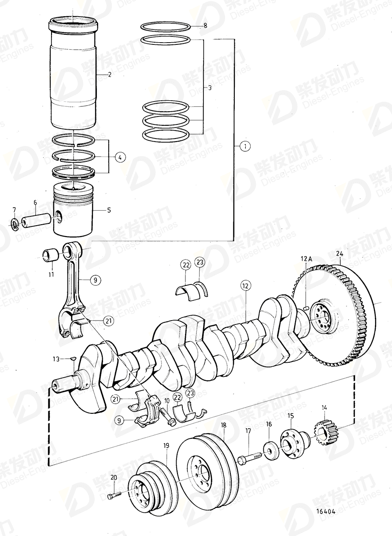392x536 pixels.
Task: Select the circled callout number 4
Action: (119, 156)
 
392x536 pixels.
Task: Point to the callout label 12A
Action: (306, 259)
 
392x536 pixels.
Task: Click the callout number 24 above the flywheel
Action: (339, 253)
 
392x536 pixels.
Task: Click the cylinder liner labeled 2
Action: (73, 75)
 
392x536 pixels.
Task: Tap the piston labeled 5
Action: (74, 211)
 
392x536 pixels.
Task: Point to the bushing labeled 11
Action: (50, 255)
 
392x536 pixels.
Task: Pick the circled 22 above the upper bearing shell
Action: (185, 264)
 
